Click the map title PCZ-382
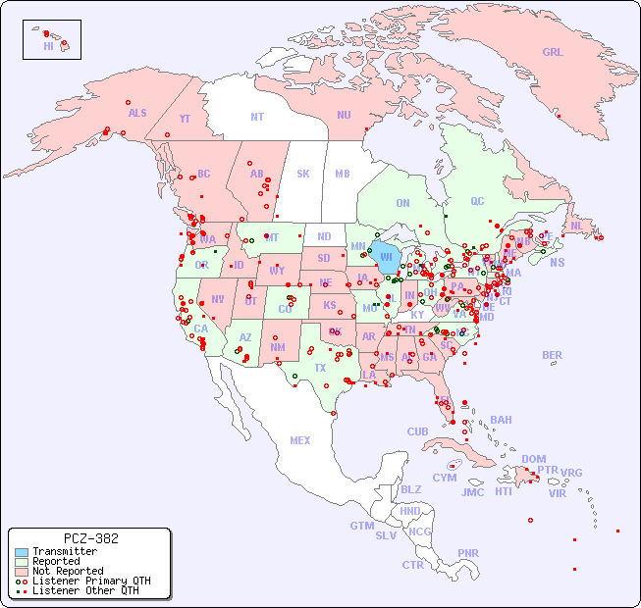pos(90,538)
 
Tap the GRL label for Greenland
pos(553,53)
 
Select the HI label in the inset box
pos(48,46)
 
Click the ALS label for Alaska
pos(137,113)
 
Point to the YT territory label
pos(185,118)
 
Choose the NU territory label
pos(344,115)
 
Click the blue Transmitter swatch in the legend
pos(22,551)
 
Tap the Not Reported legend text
pos(68,571)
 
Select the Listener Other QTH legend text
pos(85,590)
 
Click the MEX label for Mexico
pos(300,440)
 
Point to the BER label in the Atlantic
pos(552,355)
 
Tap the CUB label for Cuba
pos(418,431)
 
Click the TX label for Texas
pos(320,368)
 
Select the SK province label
pos(303,174)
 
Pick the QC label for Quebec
pos(477,201)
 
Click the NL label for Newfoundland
pos(576,226)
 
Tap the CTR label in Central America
pos(412,565)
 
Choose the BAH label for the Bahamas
pos(501,420)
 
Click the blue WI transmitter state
pos(385,259)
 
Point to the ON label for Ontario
pos(402,204)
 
